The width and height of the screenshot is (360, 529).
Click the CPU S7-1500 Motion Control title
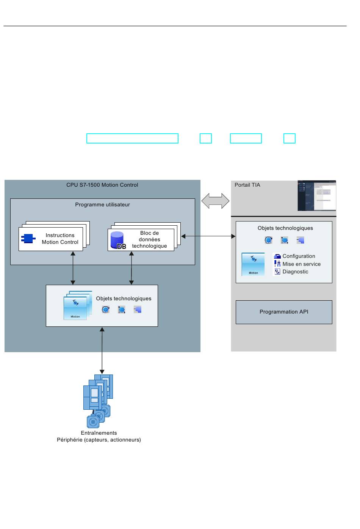click(102, 185)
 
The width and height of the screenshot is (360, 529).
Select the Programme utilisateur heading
click(102, 204)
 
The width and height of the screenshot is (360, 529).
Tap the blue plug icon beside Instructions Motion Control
click(28, 239)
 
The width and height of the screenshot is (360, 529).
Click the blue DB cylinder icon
click(117, 240)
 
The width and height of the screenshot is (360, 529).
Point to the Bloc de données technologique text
click(149, 239)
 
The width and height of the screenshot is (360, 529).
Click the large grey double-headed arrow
click(215, 201)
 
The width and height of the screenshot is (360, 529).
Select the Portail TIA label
click(247, 185)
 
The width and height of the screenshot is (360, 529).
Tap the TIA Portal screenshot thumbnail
click(317, 195)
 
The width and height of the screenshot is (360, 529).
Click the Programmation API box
click(284, 312)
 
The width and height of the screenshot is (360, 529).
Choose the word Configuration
click(299, 256)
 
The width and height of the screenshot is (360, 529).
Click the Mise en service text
click(301, 264)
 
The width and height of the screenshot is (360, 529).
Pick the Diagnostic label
click(295, 272)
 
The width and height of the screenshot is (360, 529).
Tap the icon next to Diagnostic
click(277, 272)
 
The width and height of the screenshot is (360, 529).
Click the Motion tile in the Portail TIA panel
click(253, 264)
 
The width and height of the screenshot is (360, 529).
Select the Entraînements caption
click(99, 433)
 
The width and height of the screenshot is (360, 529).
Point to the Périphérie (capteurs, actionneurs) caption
click(99, 440)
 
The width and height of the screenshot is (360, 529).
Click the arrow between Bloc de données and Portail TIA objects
click(208, 236)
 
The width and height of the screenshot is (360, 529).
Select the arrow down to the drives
click(102, 350)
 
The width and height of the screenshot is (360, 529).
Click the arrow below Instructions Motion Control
click(73, 268)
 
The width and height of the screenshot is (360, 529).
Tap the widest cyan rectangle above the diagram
click(132, 138)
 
